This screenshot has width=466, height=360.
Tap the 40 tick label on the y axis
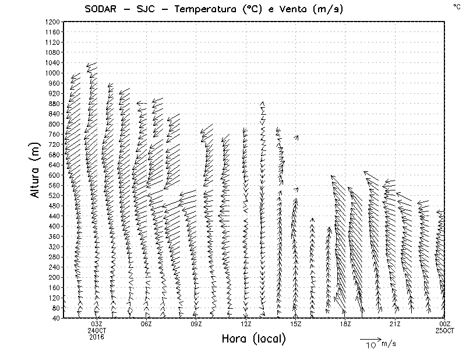click(x=56, y=318)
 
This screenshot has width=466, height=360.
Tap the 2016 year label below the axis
click(x=97, y=336)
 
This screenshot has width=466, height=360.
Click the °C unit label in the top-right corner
click(x=457, y=6)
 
